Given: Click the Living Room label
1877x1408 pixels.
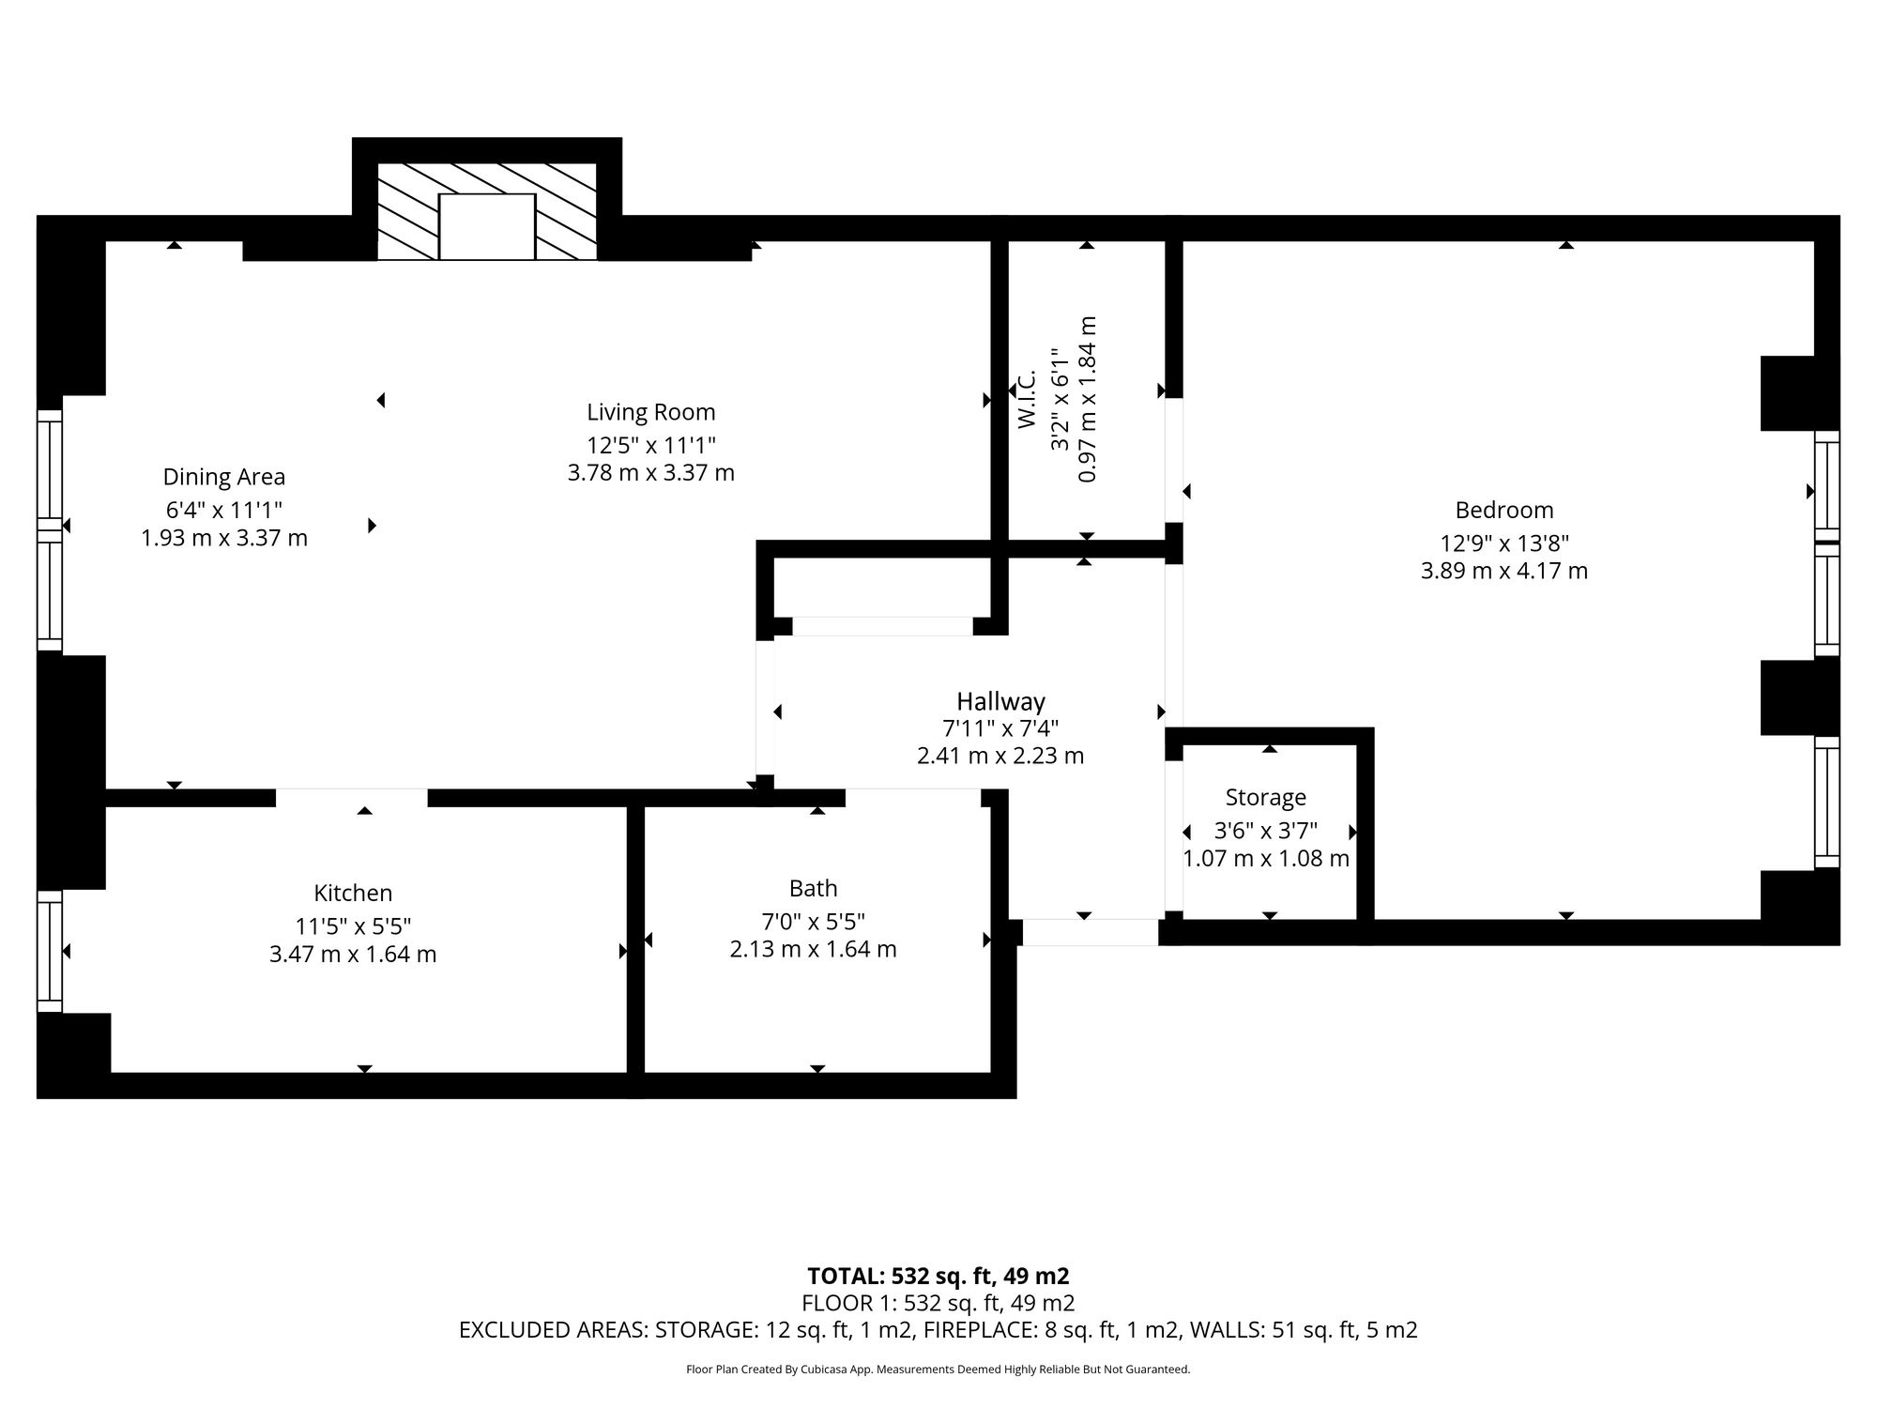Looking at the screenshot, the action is [651, 412].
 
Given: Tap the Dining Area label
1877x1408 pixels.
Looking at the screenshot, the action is [224, 477].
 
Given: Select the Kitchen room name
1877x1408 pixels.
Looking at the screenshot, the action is [353, 893].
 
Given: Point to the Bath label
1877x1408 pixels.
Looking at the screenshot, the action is [814, 888].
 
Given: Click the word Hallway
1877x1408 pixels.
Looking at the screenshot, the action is [1000, 701].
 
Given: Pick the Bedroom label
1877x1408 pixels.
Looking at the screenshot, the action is [1504, 510].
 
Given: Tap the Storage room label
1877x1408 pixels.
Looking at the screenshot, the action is [1266, 798].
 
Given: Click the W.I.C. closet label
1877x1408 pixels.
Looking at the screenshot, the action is [1027, 399].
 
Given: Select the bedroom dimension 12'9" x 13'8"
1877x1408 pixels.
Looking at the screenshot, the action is [1504, 543].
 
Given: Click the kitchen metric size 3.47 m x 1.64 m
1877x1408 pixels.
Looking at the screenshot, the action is [353, 955].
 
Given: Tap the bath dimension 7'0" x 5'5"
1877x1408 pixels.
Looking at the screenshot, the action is [814, 921].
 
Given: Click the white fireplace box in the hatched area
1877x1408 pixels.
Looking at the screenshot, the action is [487, 227].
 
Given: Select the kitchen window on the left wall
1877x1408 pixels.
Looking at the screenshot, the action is [50, 951].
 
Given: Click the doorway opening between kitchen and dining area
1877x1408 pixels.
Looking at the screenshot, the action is [352, 798].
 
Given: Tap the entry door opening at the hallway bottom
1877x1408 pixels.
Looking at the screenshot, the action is [1090, 932].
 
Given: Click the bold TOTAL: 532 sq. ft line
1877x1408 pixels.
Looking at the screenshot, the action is [938, 1277].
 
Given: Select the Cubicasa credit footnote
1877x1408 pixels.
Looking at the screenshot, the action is [938, 1370].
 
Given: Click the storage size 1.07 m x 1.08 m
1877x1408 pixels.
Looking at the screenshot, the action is [1266, 859].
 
